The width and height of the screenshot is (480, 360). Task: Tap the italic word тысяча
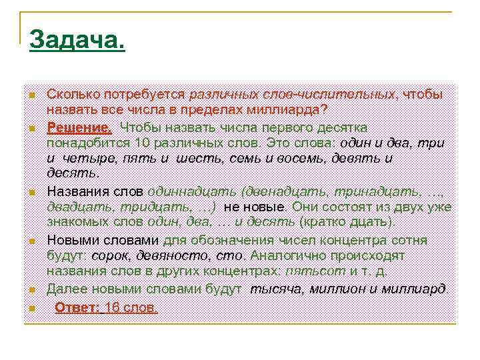(x=276, y=289)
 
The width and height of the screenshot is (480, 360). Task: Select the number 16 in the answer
(x=114, y=307)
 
